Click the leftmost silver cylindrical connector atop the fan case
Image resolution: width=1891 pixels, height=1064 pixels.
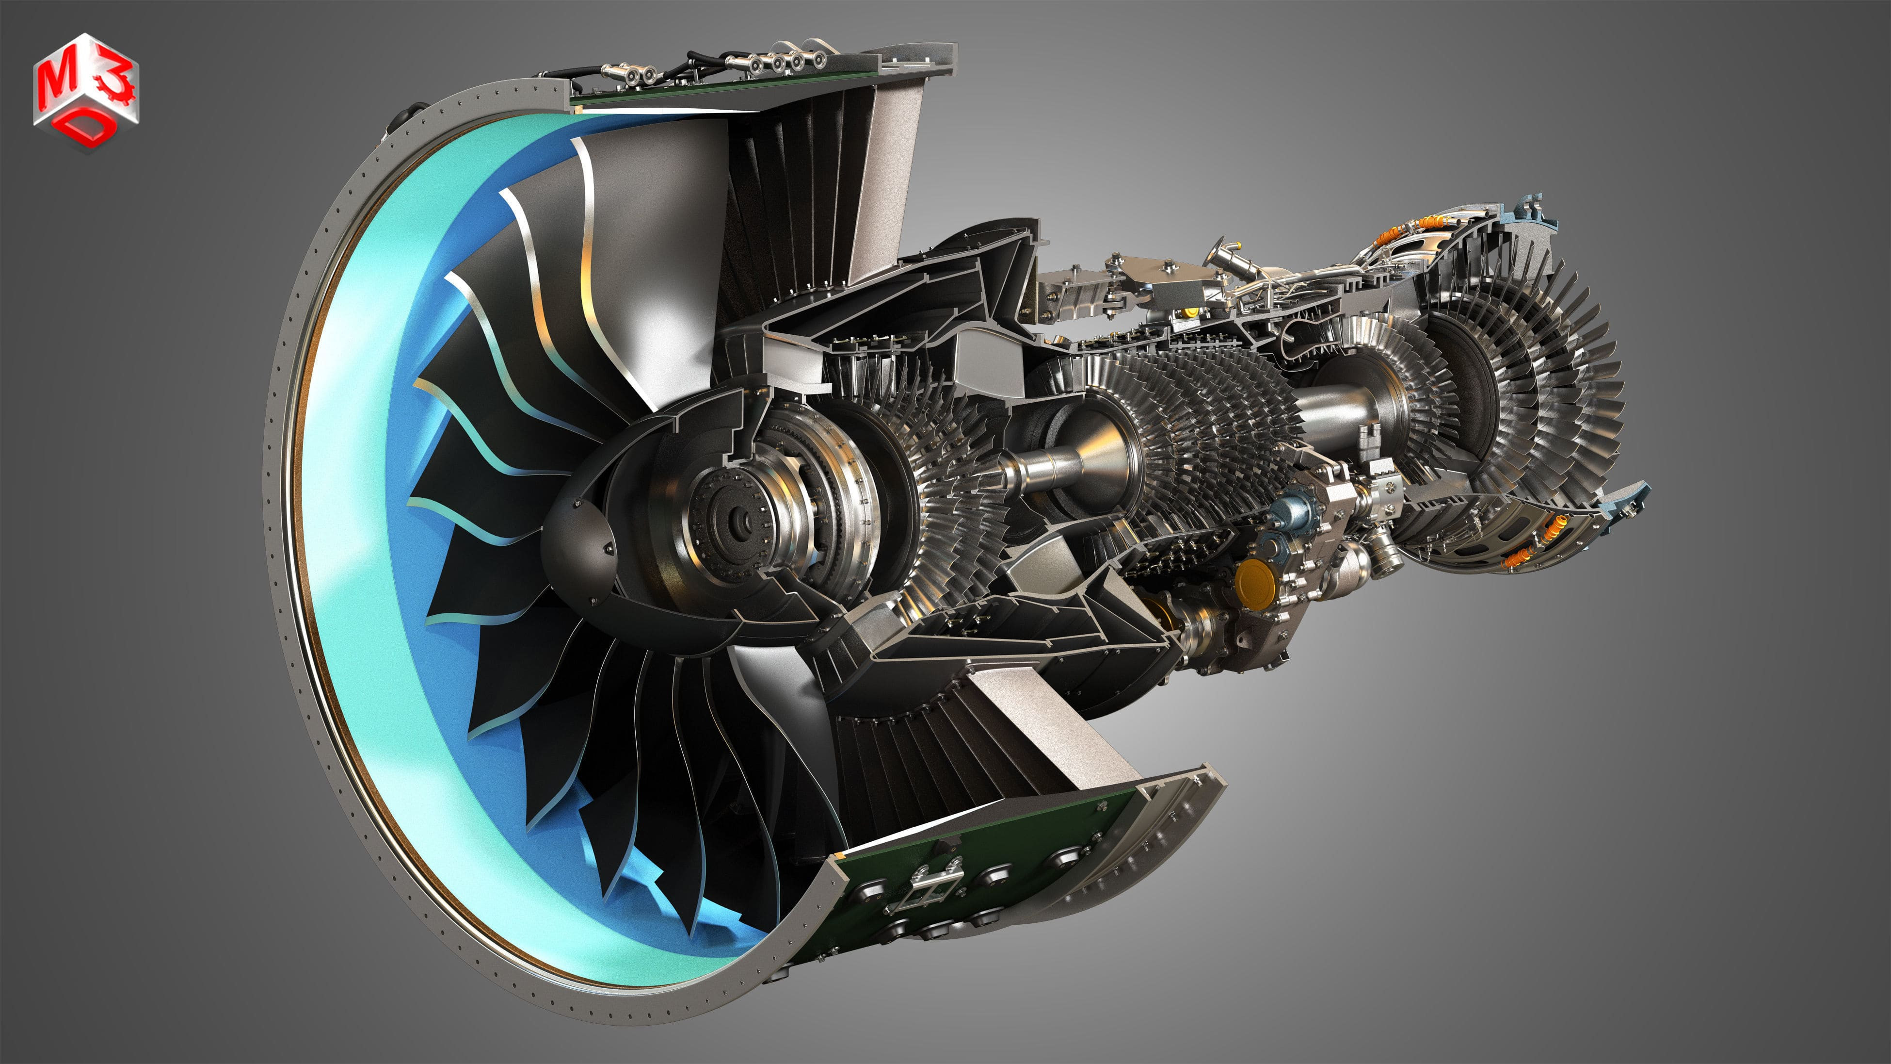coord(613,71)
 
